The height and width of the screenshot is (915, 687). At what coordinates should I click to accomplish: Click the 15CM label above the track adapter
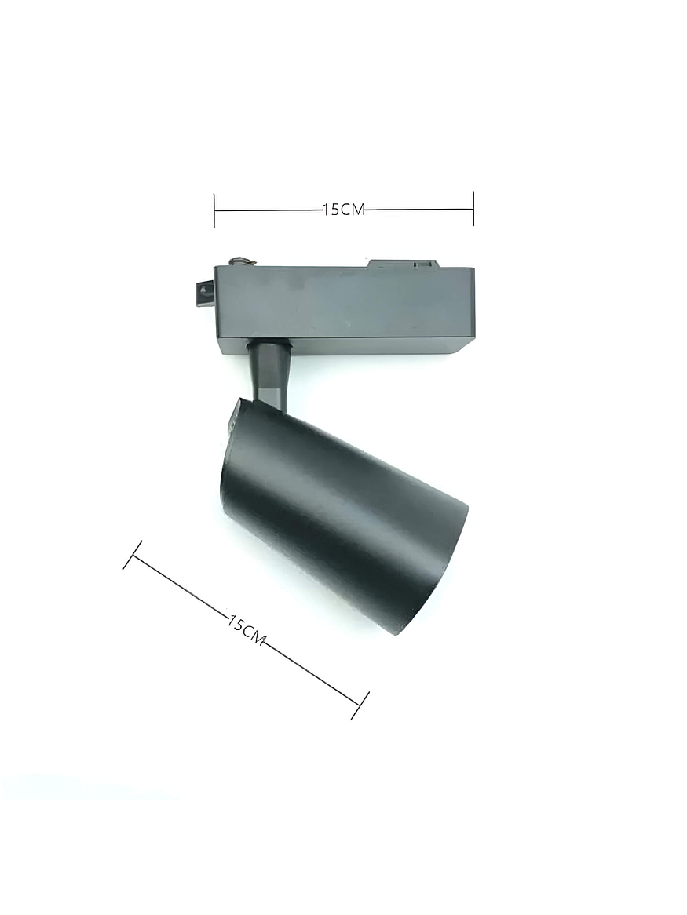pyautogui.click(x=344, y=210)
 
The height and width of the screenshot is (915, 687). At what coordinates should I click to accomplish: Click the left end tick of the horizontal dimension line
pyautogui.click(x=214, y=210)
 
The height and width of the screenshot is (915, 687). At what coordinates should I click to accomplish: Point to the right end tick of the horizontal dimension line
pyautogui.click(x=473, y=209)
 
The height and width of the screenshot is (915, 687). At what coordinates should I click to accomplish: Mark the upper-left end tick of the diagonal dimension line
pyautogui.click(x=133, y=554)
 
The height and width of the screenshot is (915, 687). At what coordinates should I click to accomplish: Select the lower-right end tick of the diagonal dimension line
pyautogui.click(x=360, y=705)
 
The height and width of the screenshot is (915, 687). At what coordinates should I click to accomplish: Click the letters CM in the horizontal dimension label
pyautogui.click(x=354, y=210)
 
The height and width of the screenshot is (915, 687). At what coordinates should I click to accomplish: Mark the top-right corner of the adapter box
pyautogui.click(x=473, y=269)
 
